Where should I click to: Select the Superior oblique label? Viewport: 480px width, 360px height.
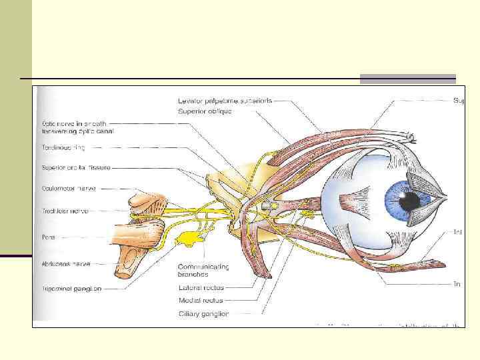click(205, 111)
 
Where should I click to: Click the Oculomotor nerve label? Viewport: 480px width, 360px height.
click(69, 189)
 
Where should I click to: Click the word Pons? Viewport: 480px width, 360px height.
click(50, 236)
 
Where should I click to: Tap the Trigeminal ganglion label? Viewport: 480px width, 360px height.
click(71, 289)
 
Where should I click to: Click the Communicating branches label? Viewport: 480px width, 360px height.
click(203, 270)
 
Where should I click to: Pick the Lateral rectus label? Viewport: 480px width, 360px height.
click(201, 288)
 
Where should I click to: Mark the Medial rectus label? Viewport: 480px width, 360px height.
click(200, 301)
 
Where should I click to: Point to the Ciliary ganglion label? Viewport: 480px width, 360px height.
click(203, 313)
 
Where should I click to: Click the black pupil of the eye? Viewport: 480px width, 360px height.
click(410, 200)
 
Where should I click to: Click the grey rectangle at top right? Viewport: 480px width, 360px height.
click(407, 79)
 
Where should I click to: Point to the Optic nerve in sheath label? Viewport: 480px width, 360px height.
click(74, 127)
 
